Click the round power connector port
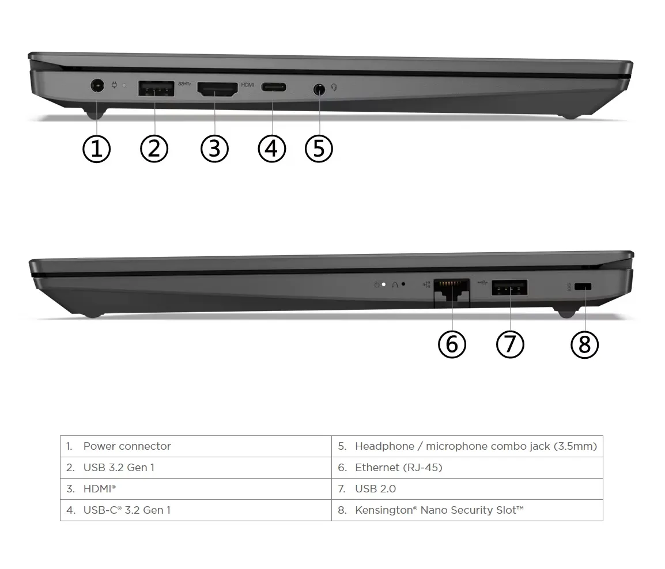[97, 87]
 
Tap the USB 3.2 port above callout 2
[156, 89]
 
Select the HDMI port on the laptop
[217, 89]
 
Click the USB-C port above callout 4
[274, 88]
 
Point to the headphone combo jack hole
[319, 89]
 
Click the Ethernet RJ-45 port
[451, 287]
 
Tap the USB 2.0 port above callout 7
[509, 287]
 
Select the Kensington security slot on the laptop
[585, 286]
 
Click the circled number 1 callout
[96, 149]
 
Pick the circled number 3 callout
[214, 149]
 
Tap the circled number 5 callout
[319, 149]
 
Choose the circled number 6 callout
[452, 344]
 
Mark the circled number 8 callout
[584, 344]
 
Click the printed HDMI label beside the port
[247, 85]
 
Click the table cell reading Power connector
[127, 446]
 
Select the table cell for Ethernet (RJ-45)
[398, 468]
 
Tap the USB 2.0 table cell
[375, 489]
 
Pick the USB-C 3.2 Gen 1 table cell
[127, 510]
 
